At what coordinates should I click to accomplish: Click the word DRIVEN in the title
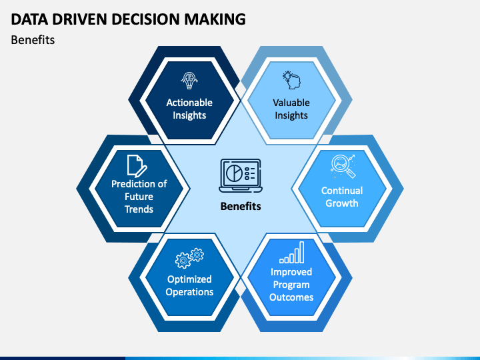tap(79, 19)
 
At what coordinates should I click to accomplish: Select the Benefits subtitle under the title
tap(33, 40)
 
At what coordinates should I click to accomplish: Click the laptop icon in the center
tap(241, 176)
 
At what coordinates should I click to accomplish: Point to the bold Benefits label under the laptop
tap(241, 206)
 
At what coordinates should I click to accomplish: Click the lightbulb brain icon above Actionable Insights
tap(189, 81)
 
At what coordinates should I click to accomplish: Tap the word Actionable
tap(189, 103)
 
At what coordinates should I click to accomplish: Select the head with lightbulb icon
tap(291, 80)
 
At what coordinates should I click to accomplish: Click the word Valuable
tap(291, 103)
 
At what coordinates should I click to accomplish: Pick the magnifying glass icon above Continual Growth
tap(343, 166)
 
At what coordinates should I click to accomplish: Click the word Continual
tap(342, 191)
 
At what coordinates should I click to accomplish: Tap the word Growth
tap(341, 203)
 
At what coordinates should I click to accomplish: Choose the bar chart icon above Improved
tap(292, 253)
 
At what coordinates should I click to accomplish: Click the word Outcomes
tap(291, 297)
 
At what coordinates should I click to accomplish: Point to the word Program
tap(291, 285)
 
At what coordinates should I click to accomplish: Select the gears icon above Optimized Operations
tap(189, 258)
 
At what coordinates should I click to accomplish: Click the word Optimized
tap(189, 279)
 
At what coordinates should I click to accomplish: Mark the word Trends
tap(139, 209)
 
